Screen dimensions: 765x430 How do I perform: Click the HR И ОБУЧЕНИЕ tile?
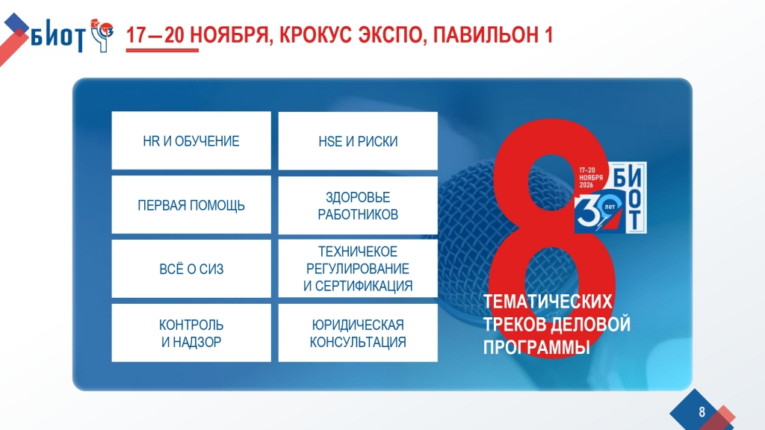(191, 140)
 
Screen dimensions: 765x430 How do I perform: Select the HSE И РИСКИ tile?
(358, 140)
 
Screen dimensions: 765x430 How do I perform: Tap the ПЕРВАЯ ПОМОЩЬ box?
(191, 205)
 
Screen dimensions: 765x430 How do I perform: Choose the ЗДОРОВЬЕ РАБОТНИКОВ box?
(358, 205)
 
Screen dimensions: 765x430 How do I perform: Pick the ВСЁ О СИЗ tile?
(191, 269)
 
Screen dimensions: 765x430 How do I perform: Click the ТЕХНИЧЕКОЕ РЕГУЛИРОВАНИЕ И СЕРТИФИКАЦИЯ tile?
(358, 269)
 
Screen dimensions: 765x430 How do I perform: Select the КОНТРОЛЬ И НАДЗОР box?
(191, 333)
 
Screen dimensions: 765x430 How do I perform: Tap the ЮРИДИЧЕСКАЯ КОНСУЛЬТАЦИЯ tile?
(358, 333)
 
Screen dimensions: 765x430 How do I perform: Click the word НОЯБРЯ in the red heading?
(231, 36)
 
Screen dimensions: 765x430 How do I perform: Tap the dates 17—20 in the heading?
(155, 35)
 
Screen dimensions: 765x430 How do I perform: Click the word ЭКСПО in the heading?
(392, 36)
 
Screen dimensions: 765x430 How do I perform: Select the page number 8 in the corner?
(701, 412)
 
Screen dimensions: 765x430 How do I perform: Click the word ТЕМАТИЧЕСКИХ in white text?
(548, 302)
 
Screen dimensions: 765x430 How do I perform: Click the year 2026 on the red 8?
(586, 185)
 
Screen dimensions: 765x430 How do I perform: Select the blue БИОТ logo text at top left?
(58, 36)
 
